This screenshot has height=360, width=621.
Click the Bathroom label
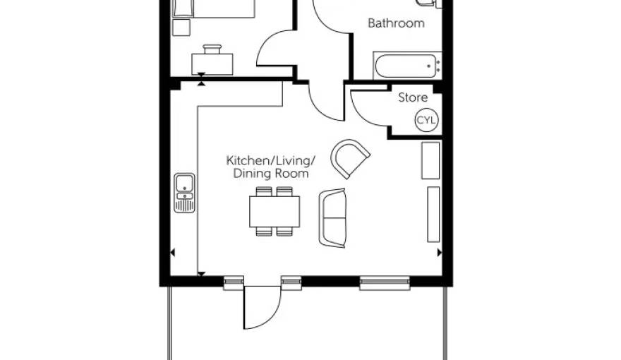(396, 23)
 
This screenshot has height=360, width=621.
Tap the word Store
(413, 97)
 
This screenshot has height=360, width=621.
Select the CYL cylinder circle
(426, 120)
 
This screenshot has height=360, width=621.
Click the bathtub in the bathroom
(407, 66)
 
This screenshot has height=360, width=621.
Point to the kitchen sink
(185, 193)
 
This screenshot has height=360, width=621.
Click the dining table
(275, 212)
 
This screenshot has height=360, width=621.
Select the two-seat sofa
(332, 218)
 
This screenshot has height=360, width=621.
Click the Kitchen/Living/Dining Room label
(270, 167)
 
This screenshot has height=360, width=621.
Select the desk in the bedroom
(212, 64)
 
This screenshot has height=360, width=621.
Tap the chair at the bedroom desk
(212, 49)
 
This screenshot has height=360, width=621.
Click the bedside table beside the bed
(181, 28)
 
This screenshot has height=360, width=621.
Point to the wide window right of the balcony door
(385, 283)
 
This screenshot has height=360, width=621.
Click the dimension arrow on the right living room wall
(439, 252)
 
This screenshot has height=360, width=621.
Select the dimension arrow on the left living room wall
(172, 252)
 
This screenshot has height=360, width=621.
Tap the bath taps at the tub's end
(438, 66)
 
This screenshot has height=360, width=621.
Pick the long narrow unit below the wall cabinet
(433, 215)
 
